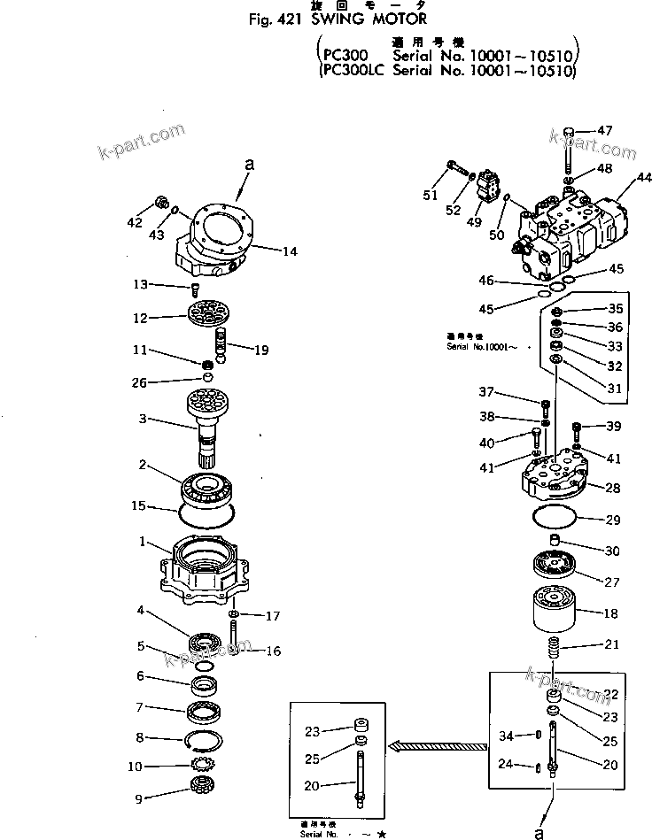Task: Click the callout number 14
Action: click(289, 251)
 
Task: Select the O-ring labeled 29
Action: click(556, 519)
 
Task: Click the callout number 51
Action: click(430, 195)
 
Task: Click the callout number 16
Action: click(273, 651)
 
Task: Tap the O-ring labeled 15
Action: click(206, 512)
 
